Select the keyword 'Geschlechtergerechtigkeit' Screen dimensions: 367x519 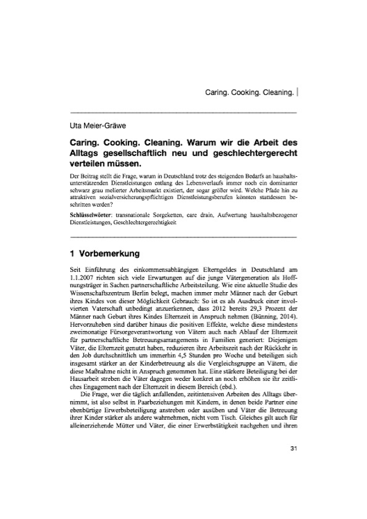[146, 224]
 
